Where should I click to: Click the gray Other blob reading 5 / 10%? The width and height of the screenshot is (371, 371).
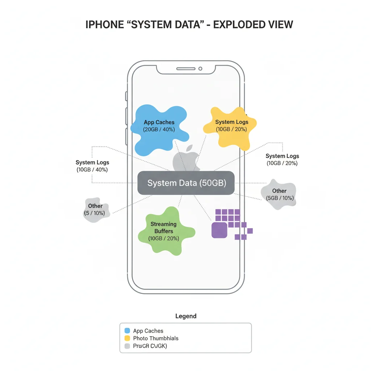95,209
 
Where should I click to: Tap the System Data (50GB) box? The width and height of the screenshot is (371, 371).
186,183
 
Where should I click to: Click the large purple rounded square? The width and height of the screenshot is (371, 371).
219,230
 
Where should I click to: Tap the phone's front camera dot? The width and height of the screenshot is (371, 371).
200,68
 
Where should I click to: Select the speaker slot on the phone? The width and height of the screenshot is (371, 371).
185,68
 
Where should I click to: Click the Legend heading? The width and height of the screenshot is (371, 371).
186,316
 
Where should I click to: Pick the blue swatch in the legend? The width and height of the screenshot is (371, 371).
127,330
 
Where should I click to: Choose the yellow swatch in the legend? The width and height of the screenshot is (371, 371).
127,338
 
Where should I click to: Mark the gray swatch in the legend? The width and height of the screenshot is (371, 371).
127,346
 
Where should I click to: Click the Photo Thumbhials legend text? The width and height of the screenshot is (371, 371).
156,338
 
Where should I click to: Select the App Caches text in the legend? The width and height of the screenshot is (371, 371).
148,330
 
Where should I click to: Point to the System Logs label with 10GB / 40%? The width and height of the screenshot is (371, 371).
92,166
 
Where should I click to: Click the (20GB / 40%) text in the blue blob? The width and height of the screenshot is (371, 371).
159,129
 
